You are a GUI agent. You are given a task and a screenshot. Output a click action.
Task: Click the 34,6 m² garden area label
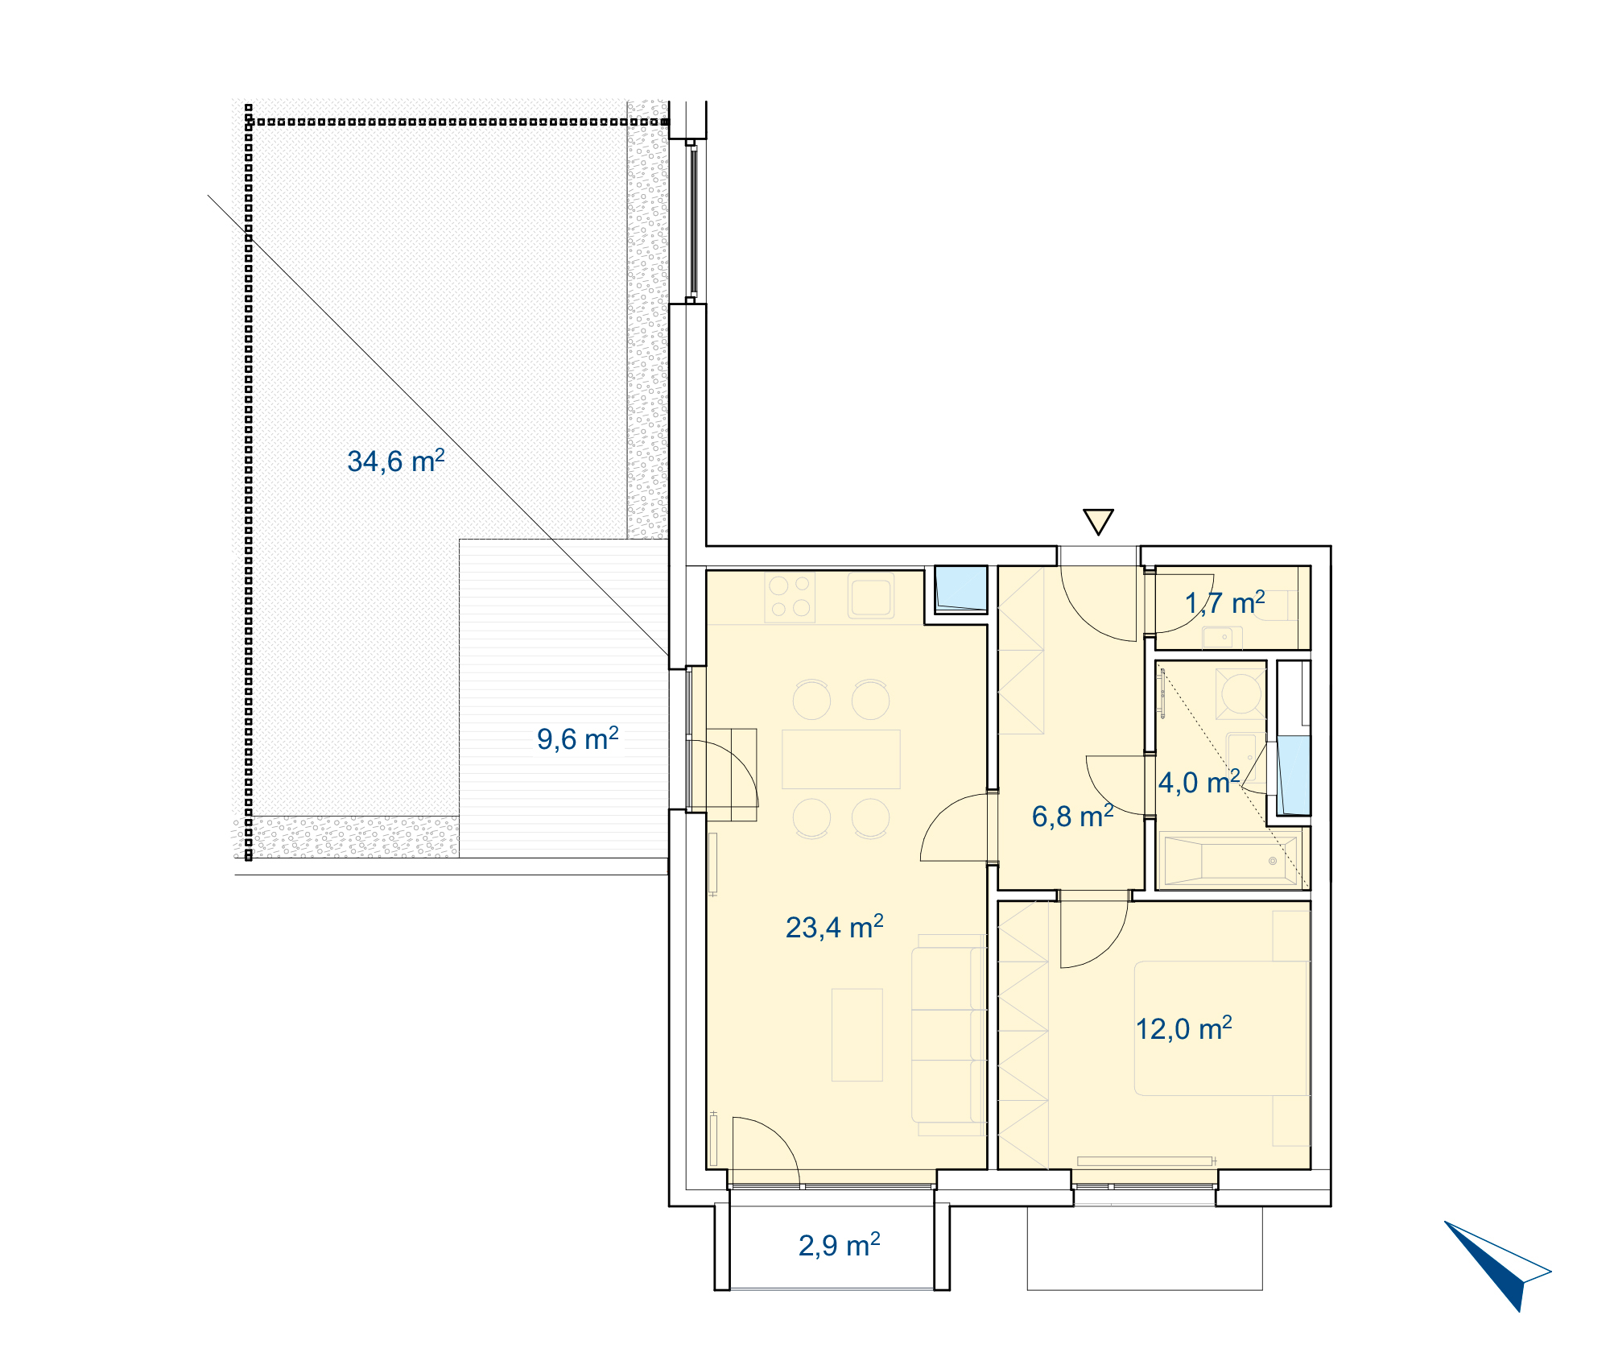pos(395,461)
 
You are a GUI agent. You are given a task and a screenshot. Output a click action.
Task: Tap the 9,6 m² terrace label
pos(577,738)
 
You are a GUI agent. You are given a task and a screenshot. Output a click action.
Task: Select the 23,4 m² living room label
pos(834,927)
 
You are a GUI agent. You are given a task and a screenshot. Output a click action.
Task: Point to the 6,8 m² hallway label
pos(1072,816)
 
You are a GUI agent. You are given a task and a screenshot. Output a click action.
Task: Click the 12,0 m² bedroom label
pos(1183,1028)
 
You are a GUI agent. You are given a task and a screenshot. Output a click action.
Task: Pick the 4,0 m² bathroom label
pos(1199,782)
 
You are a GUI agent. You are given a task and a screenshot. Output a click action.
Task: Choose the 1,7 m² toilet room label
pos(1224,602)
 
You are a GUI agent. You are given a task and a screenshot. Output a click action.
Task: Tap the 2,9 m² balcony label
pos(839,1245)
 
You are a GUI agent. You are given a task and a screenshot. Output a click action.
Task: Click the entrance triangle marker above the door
pos(1098,522)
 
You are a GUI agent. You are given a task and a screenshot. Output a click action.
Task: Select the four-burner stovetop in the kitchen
pos(790,597)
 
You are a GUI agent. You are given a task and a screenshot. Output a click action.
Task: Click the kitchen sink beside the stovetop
pos(871,597)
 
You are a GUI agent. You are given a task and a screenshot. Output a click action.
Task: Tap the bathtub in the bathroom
pos(1232,861)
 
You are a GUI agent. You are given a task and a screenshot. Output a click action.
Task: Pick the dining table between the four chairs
pos(841,759)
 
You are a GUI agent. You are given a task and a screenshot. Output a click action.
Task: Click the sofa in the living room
pos(948,1035)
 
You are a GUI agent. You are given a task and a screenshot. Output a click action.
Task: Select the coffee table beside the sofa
pos(857,1035)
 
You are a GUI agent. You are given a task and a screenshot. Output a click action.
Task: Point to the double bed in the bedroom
pos(1221,1028)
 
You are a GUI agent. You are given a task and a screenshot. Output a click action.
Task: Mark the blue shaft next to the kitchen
pos(961,589)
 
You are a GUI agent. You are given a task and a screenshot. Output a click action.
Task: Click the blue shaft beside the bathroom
pos(1294,775)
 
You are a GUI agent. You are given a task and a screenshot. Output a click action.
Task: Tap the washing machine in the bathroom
pos(1241,693)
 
